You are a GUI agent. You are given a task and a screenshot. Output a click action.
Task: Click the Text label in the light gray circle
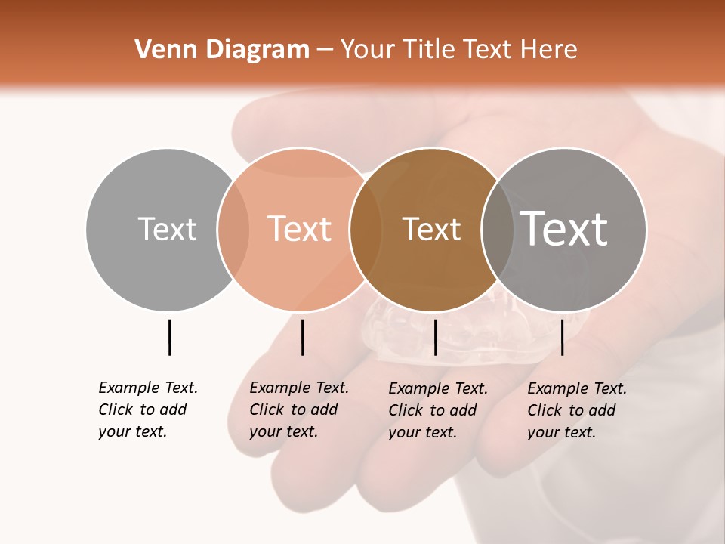(x=167, y=229)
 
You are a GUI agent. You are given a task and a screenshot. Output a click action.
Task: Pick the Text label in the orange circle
(x=299, y=229)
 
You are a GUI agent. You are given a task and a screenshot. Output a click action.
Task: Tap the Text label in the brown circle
(x=431, y=229)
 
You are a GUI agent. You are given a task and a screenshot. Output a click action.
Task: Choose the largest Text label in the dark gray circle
(x=563, y=229)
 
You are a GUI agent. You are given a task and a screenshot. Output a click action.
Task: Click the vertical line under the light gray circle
(x=169, y=337)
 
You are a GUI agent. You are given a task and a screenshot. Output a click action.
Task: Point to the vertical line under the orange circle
(x=302, y=337)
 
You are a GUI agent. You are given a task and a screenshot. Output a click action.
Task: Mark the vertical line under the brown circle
(x=435, y=337)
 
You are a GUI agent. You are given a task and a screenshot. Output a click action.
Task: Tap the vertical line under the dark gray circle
(x=562, y=337)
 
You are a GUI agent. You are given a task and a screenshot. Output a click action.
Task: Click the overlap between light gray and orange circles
(x=233, y=229)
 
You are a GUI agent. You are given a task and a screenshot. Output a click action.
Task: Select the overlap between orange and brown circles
(x=366, y=229)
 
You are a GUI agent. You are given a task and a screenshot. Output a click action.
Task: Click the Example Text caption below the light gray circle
(x=148, y=410)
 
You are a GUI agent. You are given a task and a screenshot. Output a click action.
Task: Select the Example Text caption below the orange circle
(x=299, y=410)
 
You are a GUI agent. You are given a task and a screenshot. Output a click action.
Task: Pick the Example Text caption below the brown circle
(x=438, y=410)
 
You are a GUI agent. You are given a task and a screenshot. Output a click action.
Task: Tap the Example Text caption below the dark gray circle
(x=577, y=410)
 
